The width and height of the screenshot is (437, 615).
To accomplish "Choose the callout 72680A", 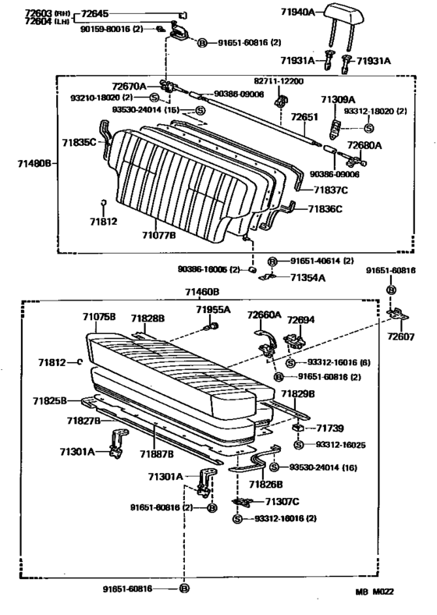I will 364,146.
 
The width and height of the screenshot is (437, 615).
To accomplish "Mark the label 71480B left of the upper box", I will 34,164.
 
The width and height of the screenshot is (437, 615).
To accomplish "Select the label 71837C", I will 331,190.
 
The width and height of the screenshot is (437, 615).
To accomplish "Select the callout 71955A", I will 212,310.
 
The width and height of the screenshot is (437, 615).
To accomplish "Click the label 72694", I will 300,320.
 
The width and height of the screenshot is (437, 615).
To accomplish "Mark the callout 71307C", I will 284,502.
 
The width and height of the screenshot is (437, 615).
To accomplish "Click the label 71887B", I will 156,453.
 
